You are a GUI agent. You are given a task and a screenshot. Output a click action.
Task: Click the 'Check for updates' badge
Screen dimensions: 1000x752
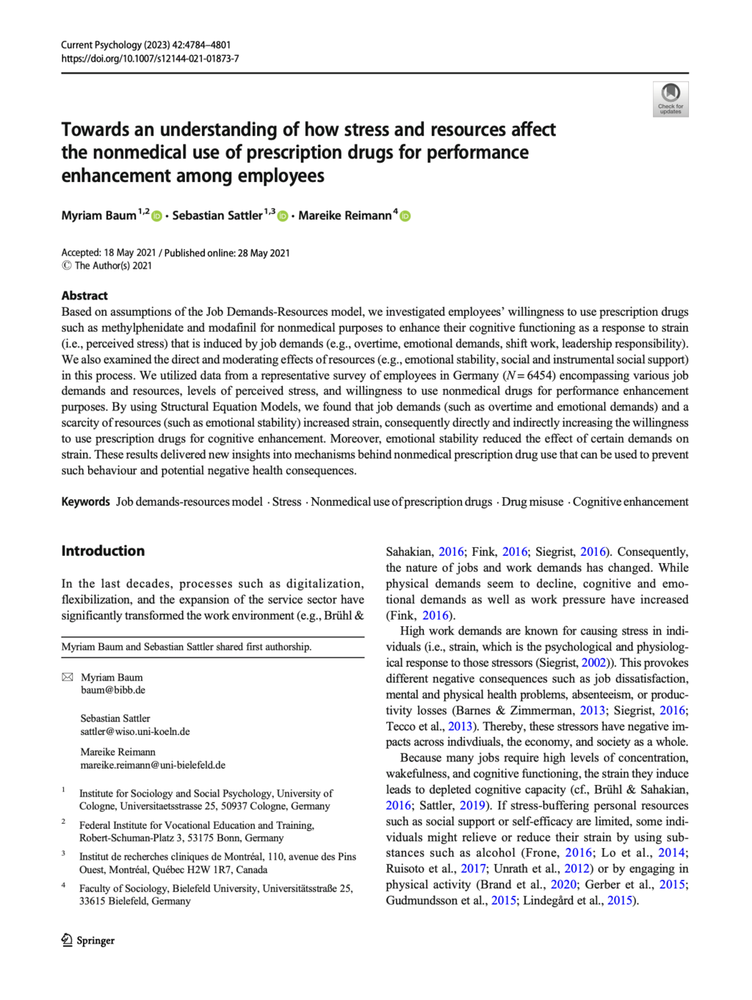(670, 99)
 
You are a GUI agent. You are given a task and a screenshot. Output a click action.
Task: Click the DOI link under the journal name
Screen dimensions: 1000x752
(150, 59)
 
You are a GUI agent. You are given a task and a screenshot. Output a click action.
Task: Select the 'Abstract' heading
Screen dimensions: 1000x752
(84, 295)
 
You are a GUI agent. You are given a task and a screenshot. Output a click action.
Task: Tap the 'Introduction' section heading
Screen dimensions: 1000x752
(103, 551)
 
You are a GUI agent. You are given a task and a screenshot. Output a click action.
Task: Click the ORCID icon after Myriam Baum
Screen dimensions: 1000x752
(156, 216)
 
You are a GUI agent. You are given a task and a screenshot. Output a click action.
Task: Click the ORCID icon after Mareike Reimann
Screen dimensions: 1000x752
(405, 216)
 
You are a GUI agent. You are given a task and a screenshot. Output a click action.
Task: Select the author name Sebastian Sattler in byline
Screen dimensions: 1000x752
(217, 215)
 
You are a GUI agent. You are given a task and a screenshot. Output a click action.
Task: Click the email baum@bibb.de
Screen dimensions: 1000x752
(113, 690)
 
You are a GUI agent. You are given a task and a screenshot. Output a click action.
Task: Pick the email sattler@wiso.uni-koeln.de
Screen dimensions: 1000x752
(135, 731)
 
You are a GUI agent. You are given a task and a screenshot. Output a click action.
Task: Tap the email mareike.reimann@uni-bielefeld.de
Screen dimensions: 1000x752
(153, 765)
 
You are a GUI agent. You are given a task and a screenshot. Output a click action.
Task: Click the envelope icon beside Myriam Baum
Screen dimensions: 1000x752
(68, 677)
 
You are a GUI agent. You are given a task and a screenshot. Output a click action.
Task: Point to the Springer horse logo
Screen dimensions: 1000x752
(67, 940)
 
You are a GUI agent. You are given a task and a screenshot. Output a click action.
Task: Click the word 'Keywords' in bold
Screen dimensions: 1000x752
(85, 501)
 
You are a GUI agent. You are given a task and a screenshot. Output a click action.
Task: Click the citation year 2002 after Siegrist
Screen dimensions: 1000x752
(594, 662)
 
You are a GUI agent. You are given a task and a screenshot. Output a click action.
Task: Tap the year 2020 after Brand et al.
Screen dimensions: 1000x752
(563, 884)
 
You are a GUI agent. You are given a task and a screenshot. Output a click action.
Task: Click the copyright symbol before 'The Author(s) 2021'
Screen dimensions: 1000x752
(66, 266)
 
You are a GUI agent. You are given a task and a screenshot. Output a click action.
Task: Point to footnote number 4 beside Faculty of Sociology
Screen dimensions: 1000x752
(64, 885)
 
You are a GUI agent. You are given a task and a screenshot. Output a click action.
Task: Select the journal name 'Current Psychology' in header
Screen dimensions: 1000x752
(101, 45)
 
